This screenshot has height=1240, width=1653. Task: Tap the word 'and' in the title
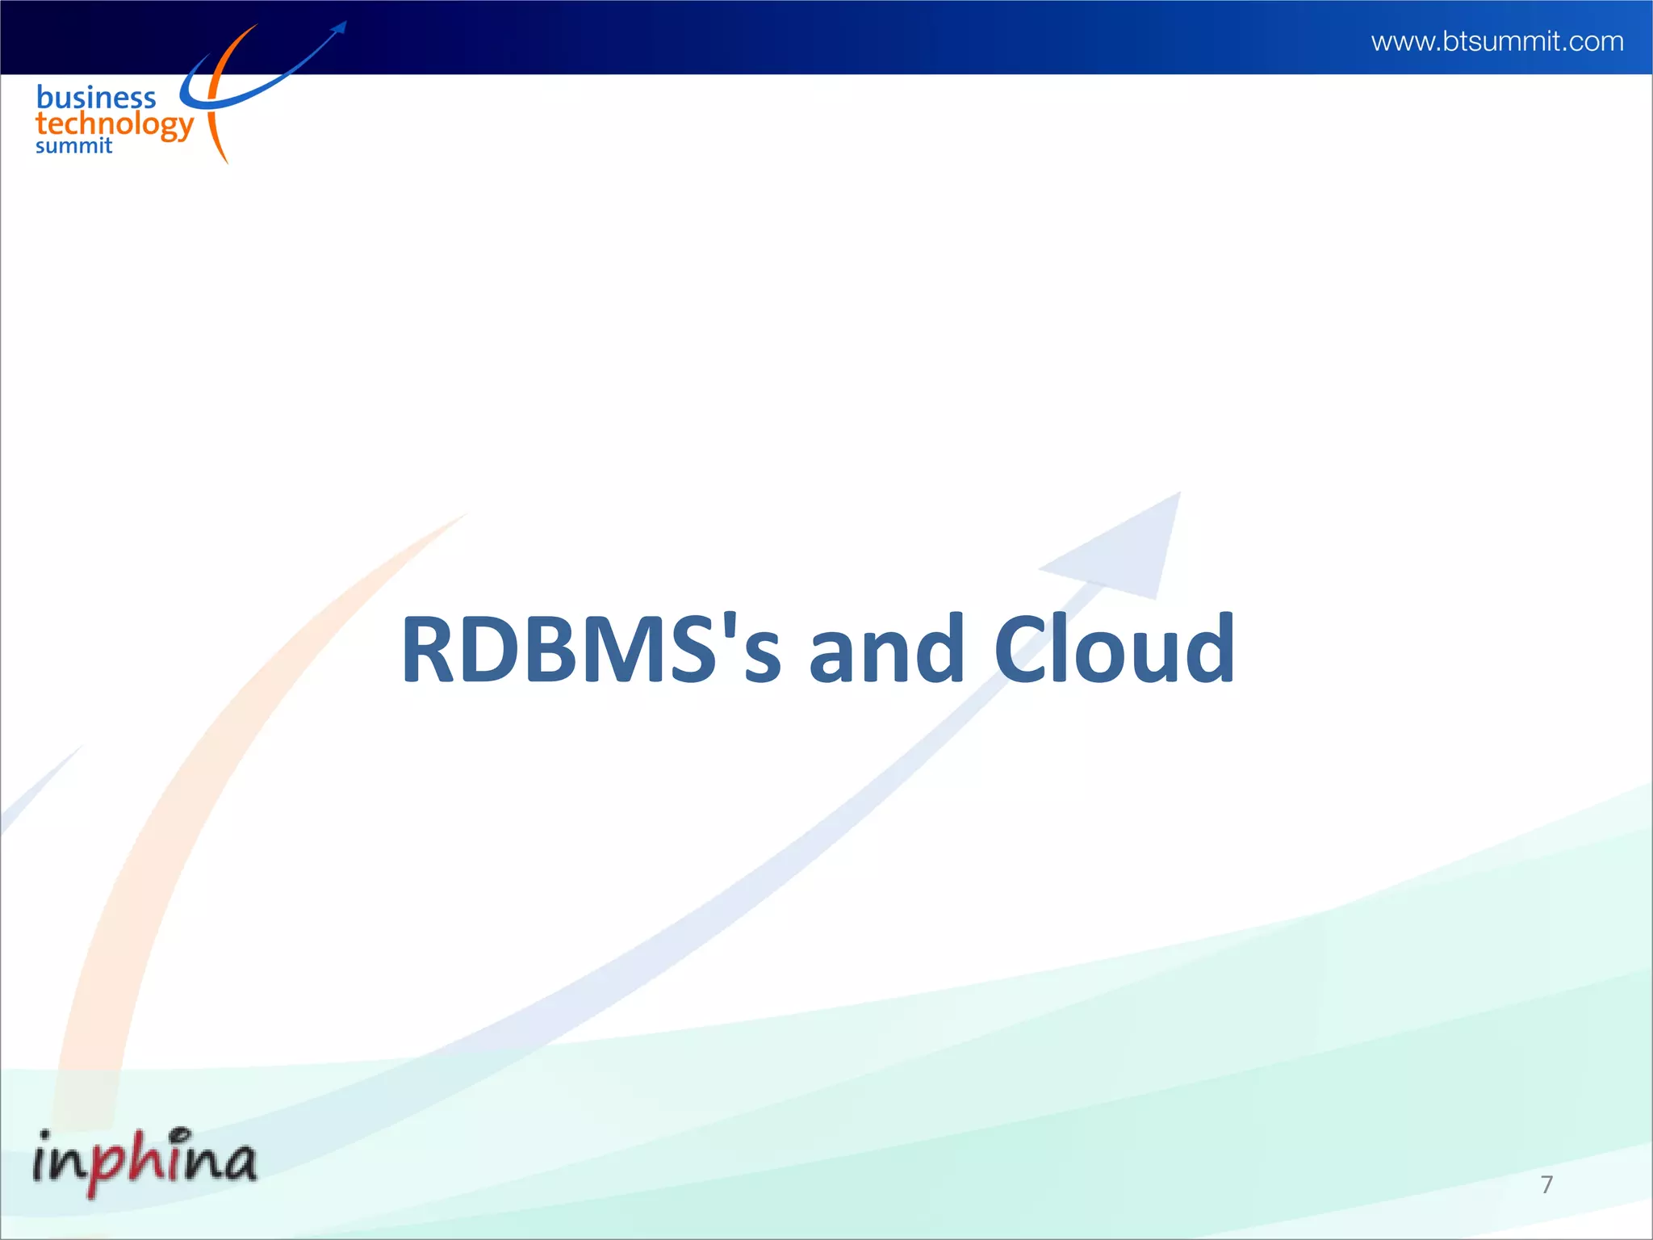pyautogui.click(x=886, y=649)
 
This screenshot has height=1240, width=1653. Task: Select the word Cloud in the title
pyautogui.click(x=1114, y=649)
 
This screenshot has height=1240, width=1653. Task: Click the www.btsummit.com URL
pyautogui.click(x=1497, y=41)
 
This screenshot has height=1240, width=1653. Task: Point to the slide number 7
pyautogui.click(x=1546, y=1184)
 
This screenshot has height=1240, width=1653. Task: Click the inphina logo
pyautogui.click(x=145, y=1161)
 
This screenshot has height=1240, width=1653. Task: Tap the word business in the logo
pyautogui.click(x=96, y=98)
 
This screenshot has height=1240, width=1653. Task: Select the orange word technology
pyautogui.click(x=115, y=125)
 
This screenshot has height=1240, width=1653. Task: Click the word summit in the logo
pyautogui.click(x=73, y=146)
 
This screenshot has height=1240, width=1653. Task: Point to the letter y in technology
pyautogui.click(x=185, y=129)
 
